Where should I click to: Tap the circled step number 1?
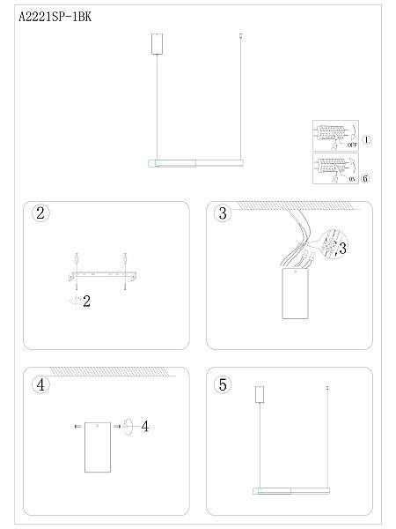(368, 140)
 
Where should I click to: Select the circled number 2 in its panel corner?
(39, 214)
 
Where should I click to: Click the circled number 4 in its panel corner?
(39, 384)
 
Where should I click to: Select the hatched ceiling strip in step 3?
(299, 205)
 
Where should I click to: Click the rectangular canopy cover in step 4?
(97, 448)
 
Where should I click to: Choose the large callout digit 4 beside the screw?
(145, 427)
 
